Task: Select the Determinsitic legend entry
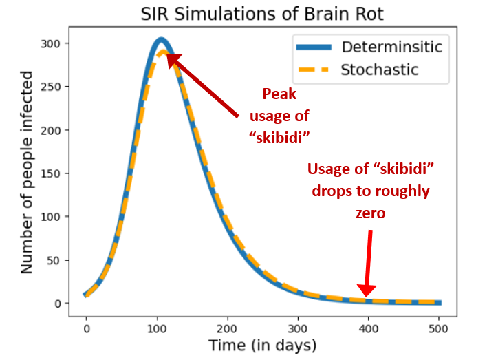392,47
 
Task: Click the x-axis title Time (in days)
263,346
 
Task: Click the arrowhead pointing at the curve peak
172,59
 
